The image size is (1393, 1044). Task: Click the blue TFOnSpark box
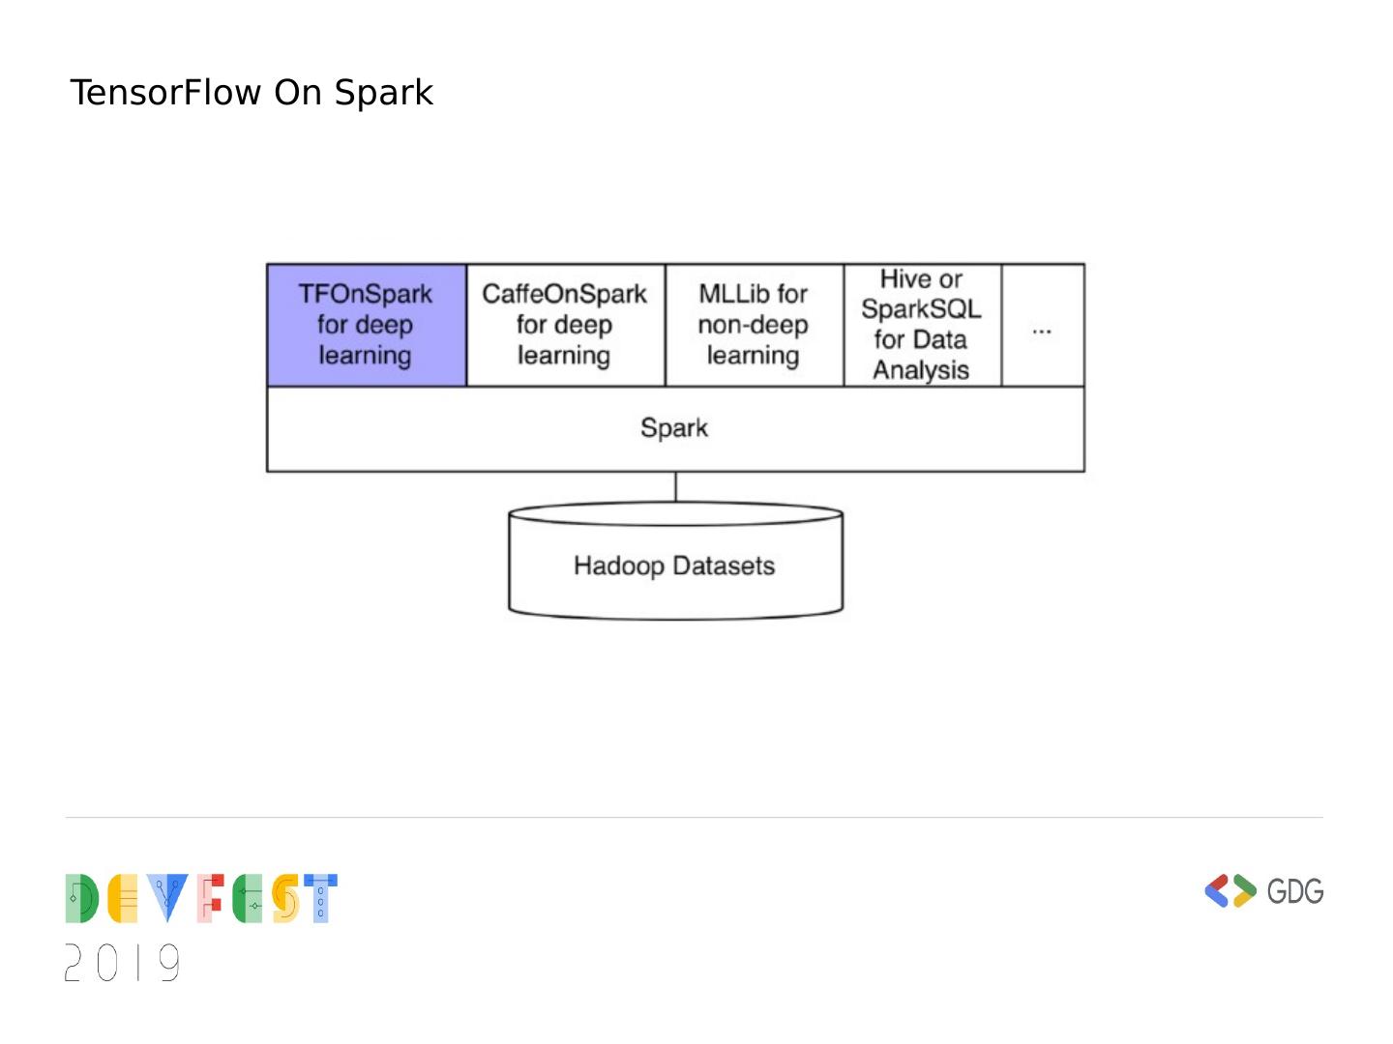pyautogui.click(x=366, y=325)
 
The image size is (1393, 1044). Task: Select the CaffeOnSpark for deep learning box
pyautogui.click(x=565, y=325)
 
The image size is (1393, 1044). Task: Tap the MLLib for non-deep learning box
pyautogui.click(x=754, y=325)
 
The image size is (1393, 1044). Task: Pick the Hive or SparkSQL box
pyautogui.click(x=921, y=325)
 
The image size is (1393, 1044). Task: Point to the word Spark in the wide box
pyautogui.click(x=674, y=428)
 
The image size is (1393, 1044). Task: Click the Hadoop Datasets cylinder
pyautogui.click(x=674, y=565)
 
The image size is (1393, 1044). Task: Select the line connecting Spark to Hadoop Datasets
pyautogui.click(x=675, y=486)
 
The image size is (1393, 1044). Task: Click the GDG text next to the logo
pyautogui.click(x=1294, y=890)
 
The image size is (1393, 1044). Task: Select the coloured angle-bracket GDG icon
pyautogui.click(x=1230, y=890)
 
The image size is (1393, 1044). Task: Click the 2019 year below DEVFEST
pyautogui.click(x=123, y=963)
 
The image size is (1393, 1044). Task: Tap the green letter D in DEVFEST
pyautogui.click(x=81, y=899)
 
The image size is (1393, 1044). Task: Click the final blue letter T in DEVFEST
pyautogui.click(x=320, y=899)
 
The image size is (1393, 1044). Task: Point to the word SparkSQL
pyautogui.click(x=921, y=309)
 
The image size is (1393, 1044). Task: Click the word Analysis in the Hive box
pyautogui.click(x=921, y=370)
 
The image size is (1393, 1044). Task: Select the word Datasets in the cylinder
pyautogui.click(x=726, y=565)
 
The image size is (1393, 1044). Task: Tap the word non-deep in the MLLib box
pyautogui.click(x=754, y=325)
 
